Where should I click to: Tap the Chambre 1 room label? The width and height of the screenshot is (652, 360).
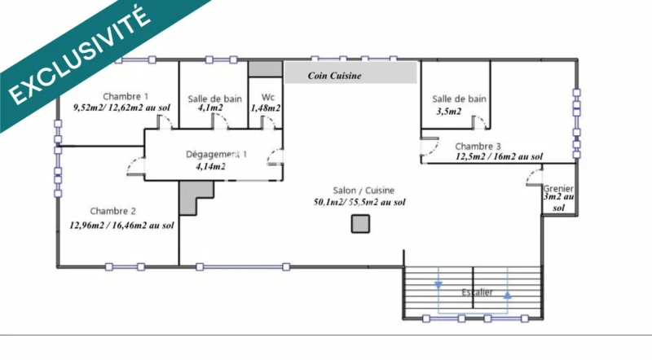click(x=126, y=94)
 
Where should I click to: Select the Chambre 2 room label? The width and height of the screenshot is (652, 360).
click(x=113, y=211)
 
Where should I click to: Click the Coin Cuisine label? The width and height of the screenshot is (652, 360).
click(x=334, y=76)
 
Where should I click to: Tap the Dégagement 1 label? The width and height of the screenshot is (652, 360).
click(x=216, y=154)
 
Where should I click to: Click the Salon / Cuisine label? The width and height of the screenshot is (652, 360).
click(x=359, y=188)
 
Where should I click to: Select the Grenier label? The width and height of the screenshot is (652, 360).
click(x=559, y=187)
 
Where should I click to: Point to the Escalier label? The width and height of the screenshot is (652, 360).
click(x=476, y=292)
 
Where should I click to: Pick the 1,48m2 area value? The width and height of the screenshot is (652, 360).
click(x=266, y=108)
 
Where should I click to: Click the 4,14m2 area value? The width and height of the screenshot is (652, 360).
click(x=210, y=166)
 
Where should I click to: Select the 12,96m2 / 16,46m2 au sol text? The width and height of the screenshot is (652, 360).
click(x=121, y=225)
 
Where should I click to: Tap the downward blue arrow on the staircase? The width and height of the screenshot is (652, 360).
click(x=438, y=285)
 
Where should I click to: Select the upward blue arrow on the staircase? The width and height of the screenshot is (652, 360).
click(x=507, y=296)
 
